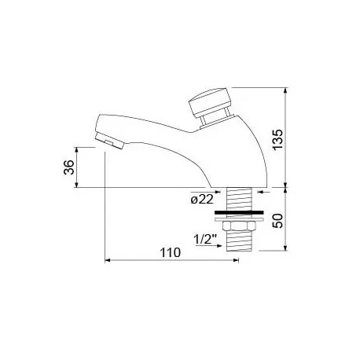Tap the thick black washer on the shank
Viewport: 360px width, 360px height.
[238, 211]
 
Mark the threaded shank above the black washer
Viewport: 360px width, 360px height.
[238, 197]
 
